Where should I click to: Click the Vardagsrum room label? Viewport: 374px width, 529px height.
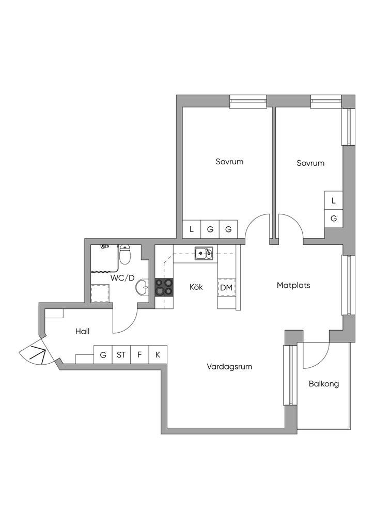[229, 367]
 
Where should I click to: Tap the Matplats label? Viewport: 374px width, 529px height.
[293, 285]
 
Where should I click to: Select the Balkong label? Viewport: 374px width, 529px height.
[324, 384]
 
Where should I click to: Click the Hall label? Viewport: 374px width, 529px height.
[82, 331]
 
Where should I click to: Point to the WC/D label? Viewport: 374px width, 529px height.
[122, 278]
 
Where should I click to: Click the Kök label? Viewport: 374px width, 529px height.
[196, 287]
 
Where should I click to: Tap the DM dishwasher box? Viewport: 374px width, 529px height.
[226, 288]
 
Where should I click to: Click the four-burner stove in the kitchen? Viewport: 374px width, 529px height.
[164, 287]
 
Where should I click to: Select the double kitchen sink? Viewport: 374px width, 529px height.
[204, 253]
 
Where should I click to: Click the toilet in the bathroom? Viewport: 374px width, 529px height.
[125, 255]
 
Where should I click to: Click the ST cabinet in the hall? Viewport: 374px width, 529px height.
[121, 354]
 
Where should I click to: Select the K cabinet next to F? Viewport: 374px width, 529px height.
[158, 354]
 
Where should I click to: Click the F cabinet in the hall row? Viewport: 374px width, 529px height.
[139, 354]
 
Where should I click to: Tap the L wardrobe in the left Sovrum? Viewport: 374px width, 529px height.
[192, 229]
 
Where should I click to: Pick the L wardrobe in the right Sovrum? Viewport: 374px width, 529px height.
[334, 200]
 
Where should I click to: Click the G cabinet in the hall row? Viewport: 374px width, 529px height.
[103, 354]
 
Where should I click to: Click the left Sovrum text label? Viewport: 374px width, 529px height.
[229, 162]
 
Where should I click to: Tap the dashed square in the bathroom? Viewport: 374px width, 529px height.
[100, 293]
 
